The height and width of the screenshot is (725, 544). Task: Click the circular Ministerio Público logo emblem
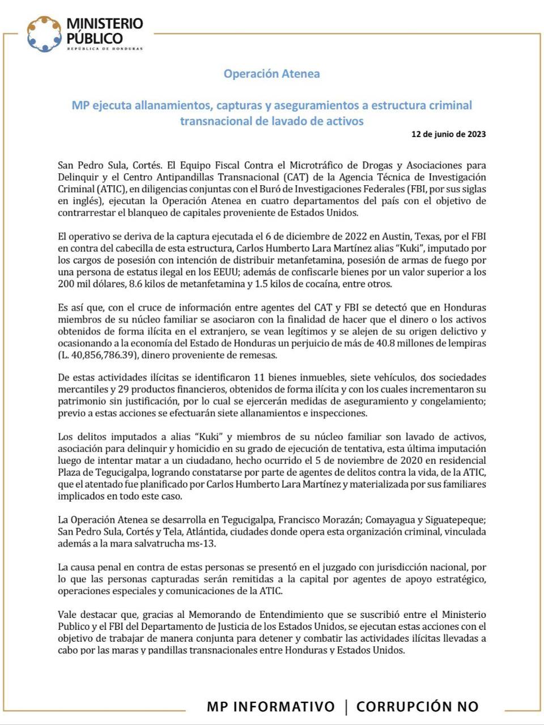tap(44, 33)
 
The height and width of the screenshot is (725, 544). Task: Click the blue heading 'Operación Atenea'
tap(271, 74)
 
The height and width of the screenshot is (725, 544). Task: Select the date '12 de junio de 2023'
tap(448, 134)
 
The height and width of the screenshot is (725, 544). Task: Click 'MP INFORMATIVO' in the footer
tap(270, 706)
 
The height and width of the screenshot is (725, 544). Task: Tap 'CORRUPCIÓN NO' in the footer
tap(417, 706)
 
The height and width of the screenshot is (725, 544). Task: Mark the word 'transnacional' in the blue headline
tap(212, 121)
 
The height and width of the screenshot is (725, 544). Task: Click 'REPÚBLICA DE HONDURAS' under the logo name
tap(105, 49)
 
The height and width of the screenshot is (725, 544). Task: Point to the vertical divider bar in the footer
tap(346, 706)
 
